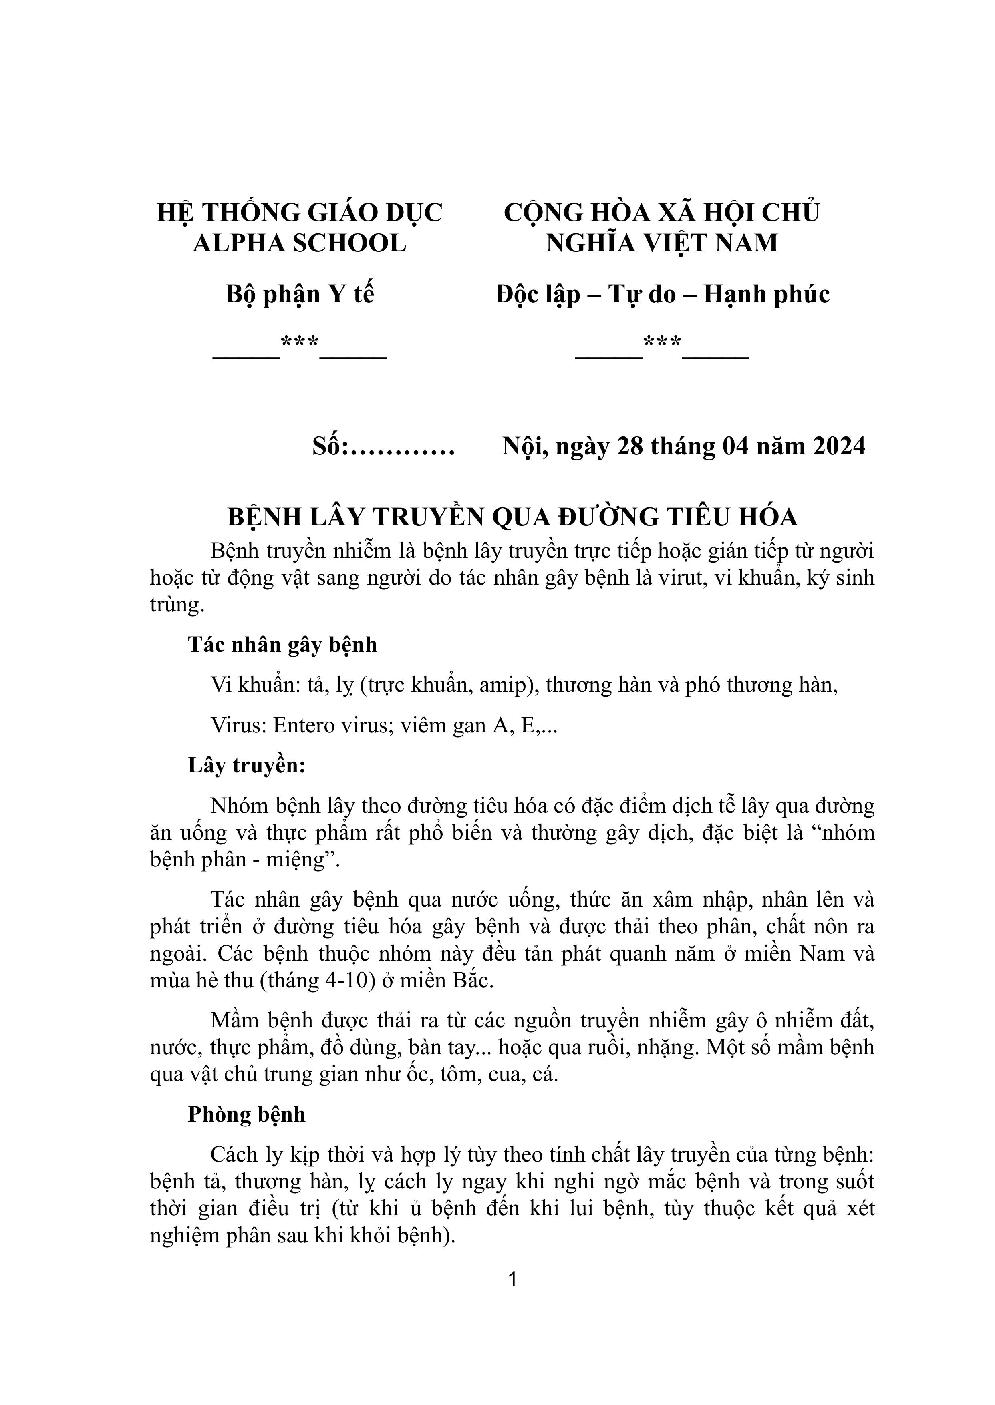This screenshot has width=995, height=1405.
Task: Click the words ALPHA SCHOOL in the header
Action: coord(300,243)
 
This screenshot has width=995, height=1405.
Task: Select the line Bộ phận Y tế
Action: coord(300,295)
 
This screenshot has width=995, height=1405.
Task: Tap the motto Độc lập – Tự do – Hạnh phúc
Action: coord(663,295)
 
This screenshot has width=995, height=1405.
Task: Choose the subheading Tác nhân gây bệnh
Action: coord(282,645)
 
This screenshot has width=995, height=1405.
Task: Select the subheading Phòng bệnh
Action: coord(246,1114)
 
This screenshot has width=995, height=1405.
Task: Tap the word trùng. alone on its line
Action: coord(177,605)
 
